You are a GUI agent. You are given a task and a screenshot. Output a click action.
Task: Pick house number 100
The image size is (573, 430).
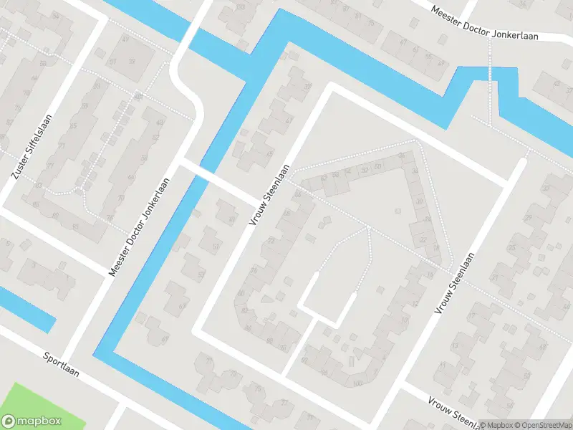pos(357,383)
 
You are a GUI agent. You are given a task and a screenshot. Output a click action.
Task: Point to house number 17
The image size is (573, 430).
pos(471,315)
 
